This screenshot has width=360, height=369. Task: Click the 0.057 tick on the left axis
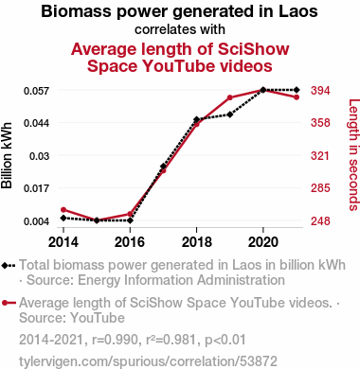[x=37, y=91]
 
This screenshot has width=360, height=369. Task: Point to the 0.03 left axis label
[x=40, y=156]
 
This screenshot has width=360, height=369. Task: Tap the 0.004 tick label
[x=37, y=221]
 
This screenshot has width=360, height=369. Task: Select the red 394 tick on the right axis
[x=320, y=91]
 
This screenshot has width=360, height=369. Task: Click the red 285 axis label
[x=320, y=188]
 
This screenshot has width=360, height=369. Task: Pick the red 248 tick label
[x=320, y=221]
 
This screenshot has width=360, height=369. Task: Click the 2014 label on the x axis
[x=63, y=242]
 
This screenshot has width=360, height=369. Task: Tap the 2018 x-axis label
[x=197, y=242]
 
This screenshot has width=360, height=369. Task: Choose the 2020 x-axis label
[x=263, y=242]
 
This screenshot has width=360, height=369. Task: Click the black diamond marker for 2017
[x=163, y=167]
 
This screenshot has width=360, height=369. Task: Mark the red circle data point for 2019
[x=230, y=97]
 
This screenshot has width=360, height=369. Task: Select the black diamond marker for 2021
[x=297, y=90]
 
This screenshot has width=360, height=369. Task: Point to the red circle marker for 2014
[x=63, y=210]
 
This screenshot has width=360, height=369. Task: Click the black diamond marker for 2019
[x=230, y=114]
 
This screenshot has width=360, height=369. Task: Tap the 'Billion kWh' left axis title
[x=7, y=155]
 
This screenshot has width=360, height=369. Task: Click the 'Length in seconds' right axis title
[x=353, y=155]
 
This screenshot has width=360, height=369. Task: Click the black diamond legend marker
[x=5, y=266]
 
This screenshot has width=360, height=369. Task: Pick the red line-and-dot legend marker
[x=9, y=303]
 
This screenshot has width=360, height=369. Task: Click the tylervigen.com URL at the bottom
[x=148, y=361]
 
